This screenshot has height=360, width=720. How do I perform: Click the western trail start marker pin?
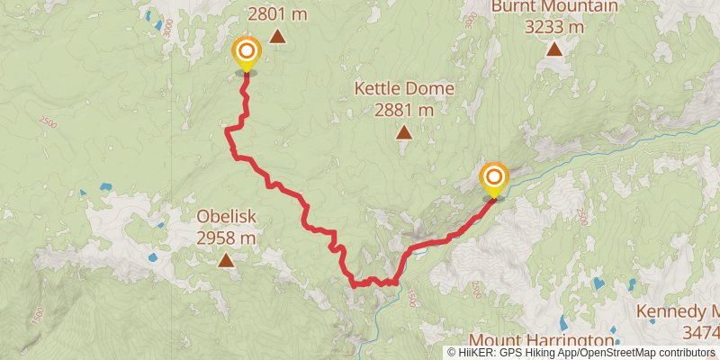tap(245, 52)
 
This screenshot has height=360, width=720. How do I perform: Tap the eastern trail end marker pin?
tap(494, 177)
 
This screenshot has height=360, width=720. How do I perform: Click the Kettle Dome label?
tap(404, 89)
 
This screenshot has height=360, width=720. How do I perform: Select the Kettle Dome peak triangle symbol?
tap(404, 133)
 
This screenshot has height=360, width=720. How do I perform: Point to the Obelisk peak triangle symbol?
tap(225, 260)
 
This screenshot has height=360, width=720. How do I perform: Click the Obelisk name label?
tap(227, 217)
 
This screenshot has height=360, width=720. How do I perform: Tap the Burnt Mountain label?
tap(554, 7)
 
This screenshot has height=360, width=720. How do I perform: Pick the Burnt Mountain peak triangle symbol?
tap(554, 48)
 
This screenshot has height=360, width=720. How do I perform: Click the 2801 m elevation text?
tap(277, 13)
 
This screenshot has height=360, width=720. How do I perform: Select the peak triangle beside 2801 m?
tap(277, 37)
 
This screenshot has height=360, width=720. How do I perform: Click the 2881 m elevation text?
tap(404, 110)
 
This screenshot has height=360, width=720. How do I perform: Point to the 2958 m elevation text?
tap(227, 238)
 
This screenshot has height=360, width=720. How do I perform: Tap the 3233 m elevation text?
tap(554, 27)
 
